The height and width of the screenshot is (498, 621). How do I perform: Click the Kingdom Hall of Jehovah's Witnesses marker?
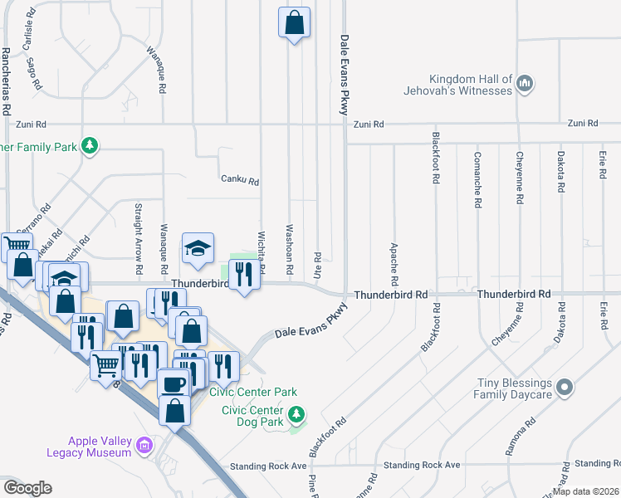click(x=525, y=83)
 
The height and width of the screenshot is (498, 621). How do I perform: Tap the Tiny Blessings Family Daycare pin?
click(x=565, y=388)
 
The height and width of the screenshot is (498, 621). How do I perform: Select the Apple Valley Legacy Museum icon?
click(x=145, y=446)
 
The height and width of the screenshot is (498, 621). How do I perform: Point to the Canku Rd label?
click(x=240, y=180)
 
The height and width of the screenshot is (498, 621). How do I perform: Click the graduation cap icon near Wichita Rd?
click(x=198, y=248)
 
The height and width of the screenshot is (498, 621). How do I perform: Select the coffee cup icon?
click(x=174, y=384)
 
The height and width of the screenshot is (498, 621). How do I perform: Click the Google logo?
click(x=27, y=487)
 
